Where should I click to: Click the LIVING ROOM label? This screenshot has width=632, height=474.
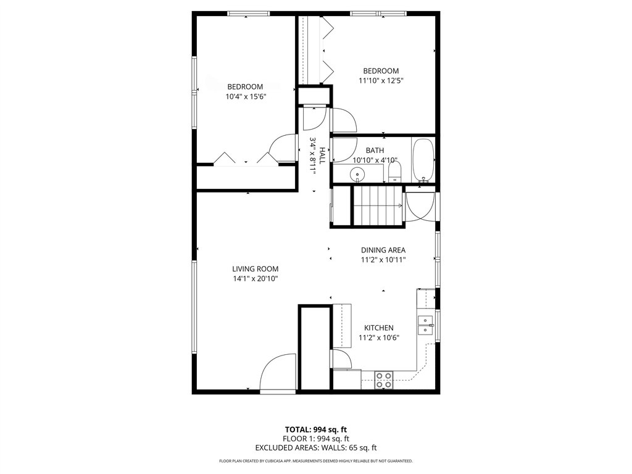255,268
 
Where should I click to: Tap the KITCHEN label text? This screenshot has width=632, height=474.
378,328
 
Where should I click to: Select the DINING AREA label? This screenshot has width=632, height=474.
383,250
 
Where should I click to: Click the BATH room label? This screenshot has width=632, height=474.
375,150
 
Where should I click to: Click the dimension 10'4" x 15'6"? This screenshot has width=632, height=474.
245,96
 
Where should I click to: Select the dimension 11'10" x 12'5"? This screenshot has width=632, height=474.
381,80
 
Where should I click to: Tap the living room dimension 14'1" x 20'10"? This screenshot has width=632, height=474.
255,278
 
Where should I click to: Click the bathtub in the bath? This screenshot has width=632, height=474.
423,160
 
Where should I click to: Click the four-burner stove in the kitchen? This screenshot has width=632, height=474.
384,380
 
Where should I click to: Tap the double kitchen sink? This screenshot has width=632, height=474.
425,325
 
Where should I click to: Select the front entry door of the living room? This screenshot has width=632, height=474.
278,374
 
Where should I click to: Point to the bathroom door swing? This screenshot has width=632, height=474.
344,149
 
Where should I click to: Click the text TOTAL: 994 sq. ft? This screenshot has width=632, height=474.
315,429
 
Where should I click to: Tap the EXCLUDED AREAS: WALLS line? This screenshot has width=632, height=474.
315,447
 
